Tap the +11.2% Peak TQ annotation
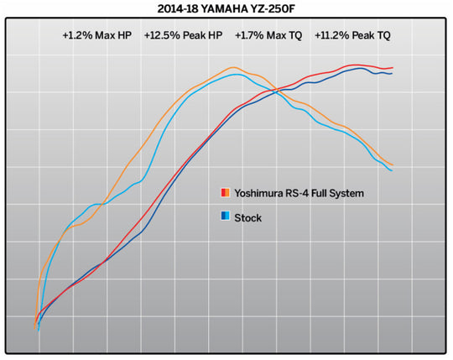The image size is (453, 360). pos(352,37)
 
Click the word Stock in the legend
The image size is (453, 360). pos(248,217)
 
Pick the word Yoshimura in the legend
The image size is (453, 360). pos(262,194)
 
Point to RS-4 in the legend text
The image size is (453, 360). pos(305,194)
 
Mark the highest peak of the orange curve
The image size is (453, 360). pos(232,67)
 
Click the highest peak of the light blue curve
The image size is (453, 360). pos(237,75)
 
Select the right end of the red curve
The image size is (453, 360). pos(393,67)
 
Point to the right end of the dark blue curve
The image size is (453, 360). pos(392,73)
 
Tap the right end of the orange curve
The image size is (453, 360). pos(393,165)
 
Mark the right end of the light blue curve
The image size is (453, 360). pos(392,171)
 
